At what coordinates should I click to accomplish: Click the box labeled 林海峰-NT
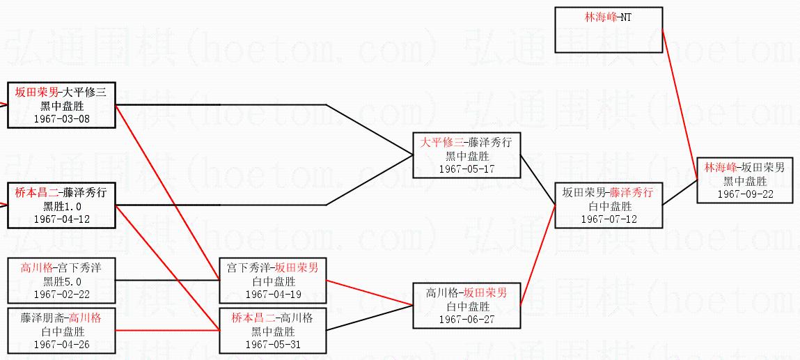[608, 29]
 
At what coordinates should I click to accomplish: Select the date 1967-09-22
[745, 194]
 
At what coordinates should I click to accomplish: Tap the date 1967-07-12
[609, 219]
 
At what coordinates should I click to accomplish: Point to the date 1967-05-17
[466, 169]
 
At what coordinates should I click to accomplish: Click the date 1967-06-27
[466, 319]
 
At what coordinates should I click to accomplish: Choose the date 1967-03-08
[61, 118]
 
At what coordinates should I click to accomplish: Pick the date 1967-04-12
[61, 219]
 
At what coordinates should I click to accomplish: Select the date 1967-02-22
[61, 294]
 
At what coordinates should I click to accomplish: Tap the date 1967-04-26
[61, 344]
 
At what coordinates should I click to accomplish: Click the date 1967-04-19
[273, 294]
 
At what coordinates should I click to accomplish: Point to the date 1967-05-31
[273, 344]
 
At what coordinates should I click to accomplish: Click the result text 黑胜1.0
[61, 206]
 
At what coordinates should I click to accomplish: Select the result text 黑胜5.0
[61, 281]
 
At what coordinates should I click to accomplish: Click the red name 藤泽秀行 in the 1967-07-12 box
[632, 193]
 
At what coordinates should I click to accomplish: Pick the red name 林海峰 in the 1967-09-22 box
[720, 168]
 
